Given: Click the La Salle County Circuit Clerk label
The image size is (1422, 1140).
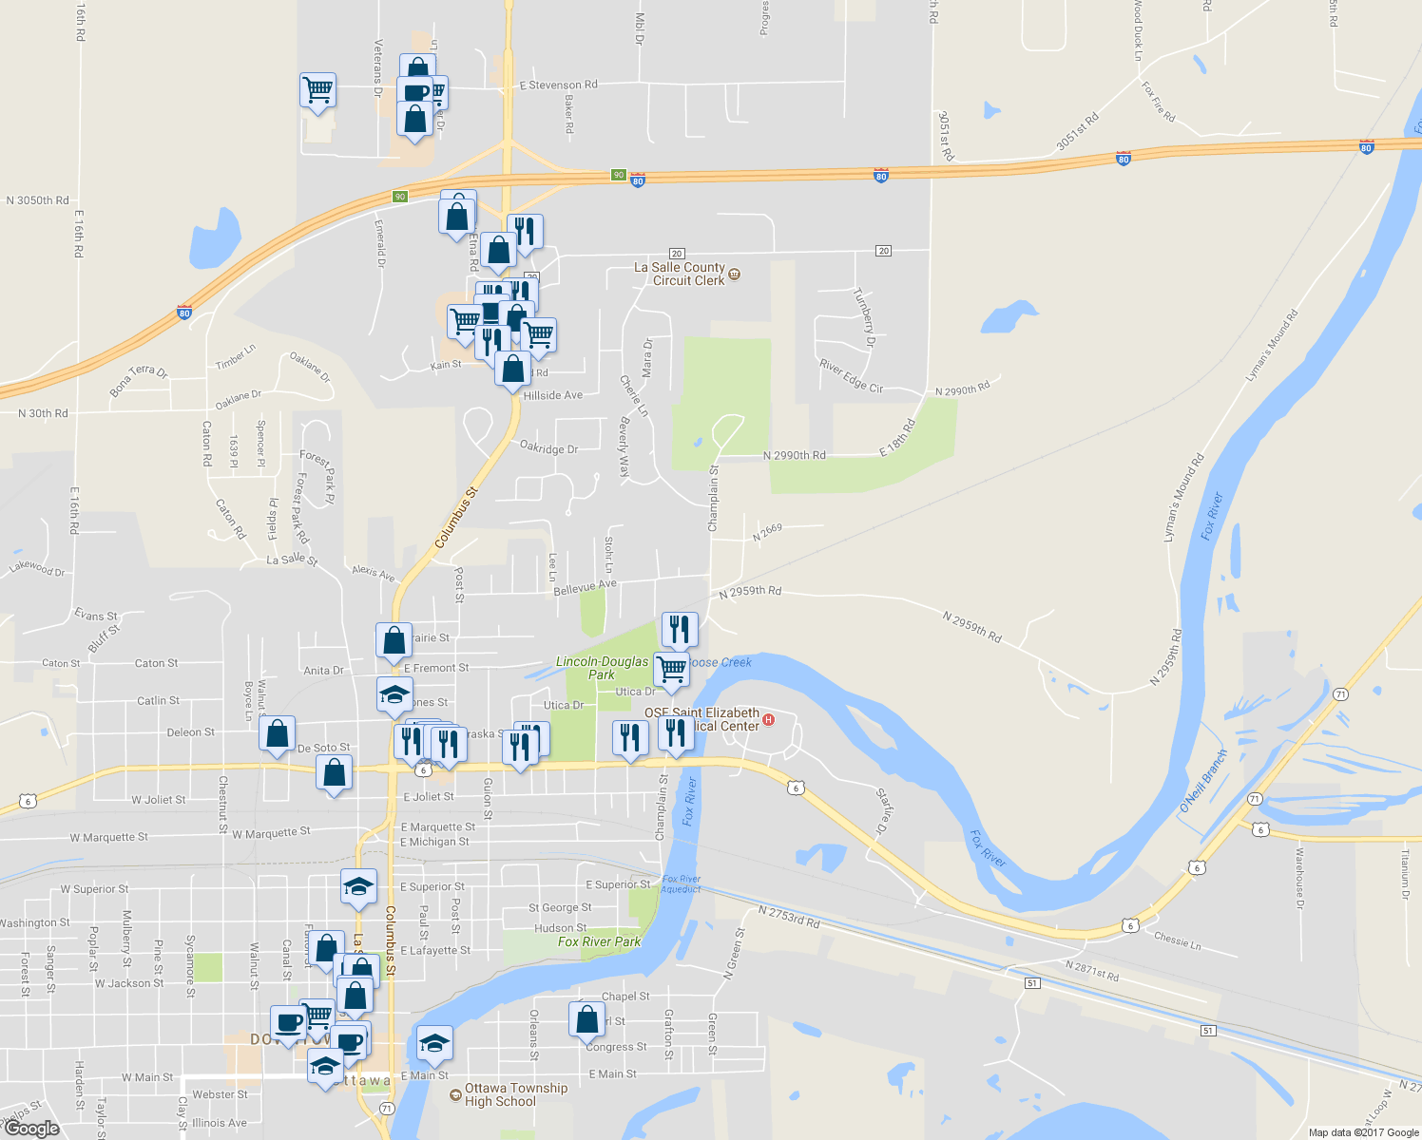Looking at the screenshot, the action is coord(679,274).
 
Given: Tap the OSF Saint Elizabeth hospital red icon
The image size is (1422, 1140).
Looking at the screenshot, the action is coord(769,720).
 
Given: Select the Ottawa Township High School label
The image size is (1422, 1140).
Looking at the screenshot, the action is coord(515,1094).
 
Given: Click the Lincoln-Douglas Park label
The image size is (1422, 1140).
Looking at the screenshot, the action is coord(602,668).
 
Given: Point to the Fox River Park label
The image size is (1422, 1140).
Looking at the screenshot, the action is coord(599,941).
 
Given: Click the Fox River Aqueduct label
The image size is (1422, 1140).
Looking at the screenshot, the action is coord(681,883).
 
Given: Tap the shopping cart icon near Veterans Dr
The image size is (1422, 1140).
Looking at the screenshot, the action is coord(317,91).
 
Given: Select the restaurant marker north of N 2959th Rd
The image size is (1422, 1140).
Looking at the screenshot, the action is coord(679,629).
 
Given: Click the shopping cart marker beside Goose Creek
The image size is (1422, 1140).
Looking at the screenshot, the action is coord(671,669).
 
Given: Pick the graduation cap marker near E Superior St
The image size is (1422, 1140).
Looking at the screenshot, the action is coord(358,886).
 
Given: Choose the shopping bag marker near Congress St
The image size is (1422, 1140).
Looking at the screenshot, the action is coord(586,1019).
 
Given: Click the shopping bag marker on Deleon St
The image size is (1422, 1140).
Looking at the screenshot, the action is coord(277,734).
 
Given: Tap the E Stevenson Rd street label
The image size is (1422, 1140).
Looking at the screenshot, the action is coord(558,85).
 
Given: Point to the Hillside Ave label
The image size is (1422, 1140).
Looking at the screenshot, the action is coord(553,395).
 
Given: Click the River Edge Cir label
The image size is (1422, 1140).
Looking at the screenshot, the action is coord(851,376).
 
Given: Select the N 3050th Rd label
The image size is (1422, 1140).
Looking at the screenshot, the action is coord(38,200).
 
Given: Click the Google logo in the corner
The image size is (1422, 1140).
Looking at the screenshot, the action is coord(31,1129).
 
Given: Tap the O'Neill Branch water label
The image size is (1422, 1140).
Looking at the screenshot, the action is coord(1203,782).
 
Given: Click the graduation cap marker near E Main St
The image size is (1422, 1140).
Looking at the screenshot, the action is coord(434,1042).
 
